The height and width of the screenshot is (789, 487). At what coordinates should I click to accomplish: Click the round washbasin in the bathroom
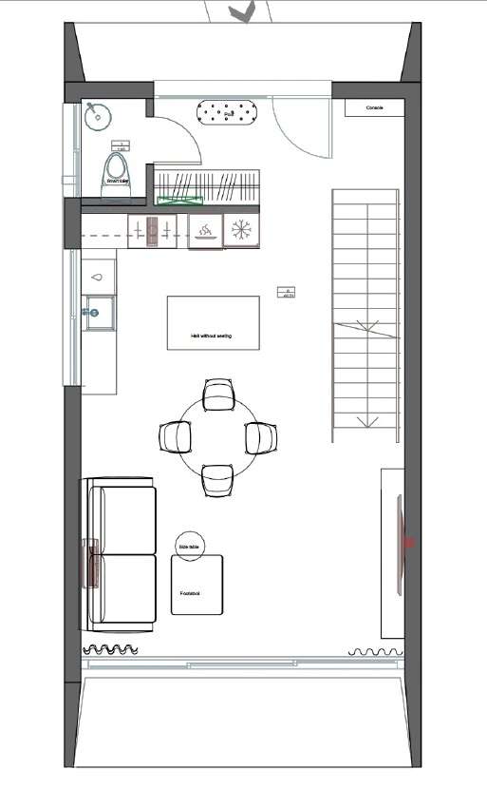pyautogui.click(x=97, y=117)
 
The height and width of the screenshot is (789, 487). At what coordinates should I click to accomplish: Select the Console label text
pyautogui.click(x=375, y=108)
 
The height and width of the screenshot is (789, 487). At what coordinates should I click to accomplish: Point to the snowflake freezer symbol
pyautogui.click(x=240, y=230)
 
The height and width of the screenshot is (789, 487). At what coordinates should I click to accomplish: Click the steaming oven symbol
pyautogui.click(x=205, y=230)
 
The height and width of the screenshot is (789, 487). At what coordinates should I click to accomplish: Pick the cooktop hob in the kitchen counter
pyautogui.click(x=152, y=230)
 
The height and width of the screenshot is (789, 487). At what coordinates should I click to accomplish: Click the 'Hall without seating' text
pyautogui.click(x=211, y=337)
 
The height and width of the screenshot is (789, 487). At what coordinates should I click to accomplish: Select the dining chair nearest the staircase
pyautogui.click(x=261, y=437)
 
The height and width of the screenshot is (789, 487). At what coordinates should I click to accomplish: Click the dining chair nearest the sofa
pyautogui.click(x=176, y=437)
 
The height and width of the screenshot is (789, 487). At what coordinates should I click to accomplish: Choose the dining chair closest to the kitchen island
pyautogui.click(x=219, y=394)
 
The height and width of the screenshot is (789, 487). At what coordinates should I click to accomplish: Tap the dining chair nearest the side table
pyautogui.click(x=217, y=479)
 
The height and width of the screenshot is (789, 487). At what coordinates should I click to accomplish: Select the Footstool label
pyautogui.click(x=190, y=592)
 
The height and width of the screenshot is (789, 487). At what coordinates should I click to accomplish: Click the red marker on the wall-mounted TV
pyautogui.click(x=410, y=543)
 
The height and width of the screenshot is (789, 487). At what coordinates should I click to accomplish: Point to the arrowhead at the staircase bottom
pyautogui.click(x=363, y=422)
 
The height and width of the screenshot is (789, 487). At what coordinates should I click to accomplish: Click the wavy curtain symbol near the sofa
pyautogui.click(x=113, y=650)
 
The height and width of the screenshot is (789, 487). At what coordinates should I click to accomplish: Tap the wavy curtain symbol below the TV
pyautogui.click(x=377, y=651)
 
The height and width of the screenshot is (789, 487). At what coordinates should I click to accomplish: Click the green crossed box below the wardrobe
pyautogui.click(x=179, y=200)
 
